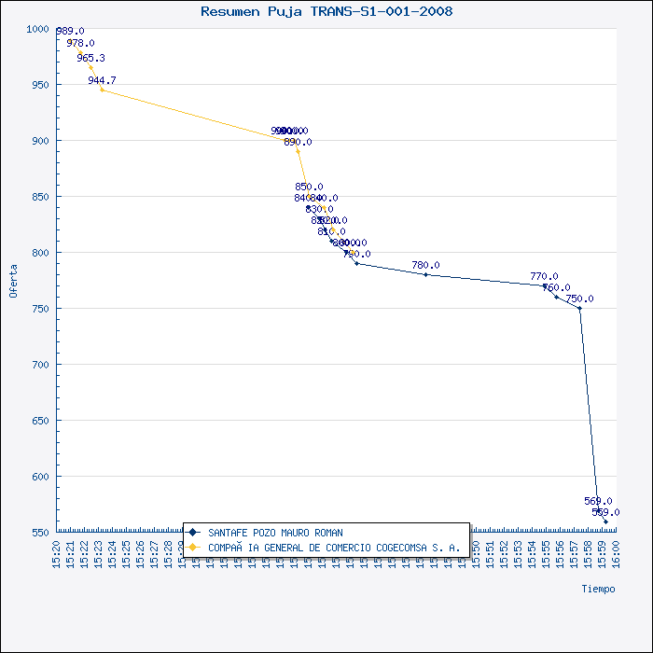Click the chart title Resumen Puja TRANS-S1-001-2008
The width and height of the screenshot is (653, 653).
point(326,12)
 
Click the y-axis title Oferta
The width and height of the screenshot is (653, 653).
point(14,280)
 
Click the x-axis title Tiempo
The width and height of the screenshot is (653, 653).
point(598,589)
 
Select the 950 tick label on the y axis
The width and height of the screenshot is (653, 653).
point(40,85)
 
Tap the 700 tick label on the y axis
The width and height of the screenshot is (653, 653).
point(40,365)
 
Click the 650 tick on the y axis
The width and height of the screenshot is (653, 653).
point(40,421)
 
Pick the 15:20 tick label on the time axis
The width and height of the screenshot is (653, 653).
point(57,554)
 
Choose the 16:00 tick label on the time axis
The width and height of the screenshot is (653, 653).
point(616,554)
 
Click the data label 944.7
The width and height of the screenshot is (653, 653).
point(102,80)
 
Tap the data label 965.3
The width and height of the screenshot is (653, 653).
point(91,58)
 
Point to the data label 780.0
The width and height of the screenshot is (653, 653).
point(425,265)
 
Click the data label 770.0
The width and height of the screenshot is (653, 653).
point(544,276)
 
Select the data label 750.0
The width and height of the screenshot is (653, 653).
point(579,299)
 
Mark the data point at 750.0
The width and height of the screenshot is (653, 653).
point(579,308)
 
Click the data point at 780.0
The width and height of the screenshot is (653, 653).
point(425,274)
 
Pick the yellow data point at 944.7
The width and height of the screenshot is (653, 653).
point(102,90)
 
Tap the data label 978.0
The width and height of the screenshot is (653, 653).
point(80,43)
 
